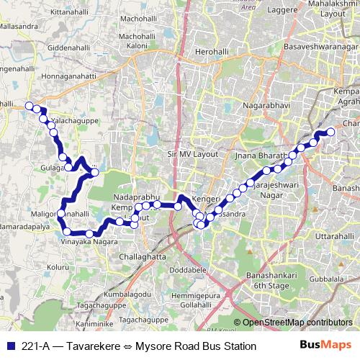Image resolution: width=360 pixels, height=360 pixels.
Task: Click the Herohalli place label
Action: [215, 53]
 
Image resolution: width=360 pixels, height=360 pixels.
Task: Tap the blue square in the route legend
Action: [10, 346]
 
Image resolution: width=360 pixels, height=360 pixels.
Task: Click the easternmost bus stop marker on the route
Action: [331, 132]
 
